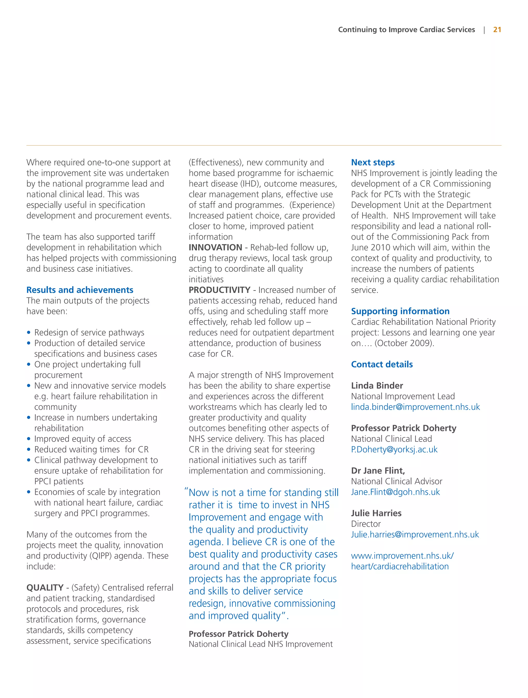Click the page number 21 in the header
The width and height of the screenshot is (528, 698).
(497, 30)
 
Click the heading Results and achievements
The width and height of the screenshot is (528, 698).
(80, 290)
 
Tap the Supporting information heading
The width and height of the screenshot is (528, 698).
(400, 311)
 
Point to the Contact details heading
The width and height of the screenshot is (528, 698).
(382, 364)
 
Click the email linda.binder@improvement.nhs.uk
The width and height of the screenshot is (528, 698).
(415, 407)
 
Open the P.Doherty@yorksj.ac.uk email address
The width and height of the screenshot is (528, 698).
(394, 449)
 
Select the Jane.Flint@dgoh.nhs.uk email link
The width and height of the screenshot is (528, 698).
(395, 492)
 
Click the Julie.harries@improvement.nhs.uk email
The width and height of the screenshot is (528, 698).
(415, 534)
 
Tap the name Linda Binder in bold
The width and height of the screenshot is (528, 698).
(377, 386)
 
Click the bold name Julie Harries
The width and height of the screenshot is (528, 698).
(376, 513)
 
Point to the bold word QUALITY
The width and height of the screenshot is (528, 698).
(45, 588)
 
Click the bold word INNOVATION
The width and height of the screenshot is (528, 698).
(215, 247)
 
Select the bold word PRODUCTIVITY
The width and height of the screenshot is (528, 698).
(219, 290)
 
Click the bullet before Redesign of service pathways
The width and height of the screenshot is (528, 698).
(29, 332)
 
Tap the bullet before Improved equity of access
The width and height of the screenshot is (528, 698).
(29, 439)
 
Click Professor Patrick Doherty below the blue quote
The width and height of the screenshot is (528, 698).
(238, 634)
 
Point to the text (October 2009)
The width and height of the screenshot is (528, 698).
(404, 343)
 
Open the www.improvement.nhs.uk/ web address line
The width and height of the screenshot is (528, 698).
(402, 556)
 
